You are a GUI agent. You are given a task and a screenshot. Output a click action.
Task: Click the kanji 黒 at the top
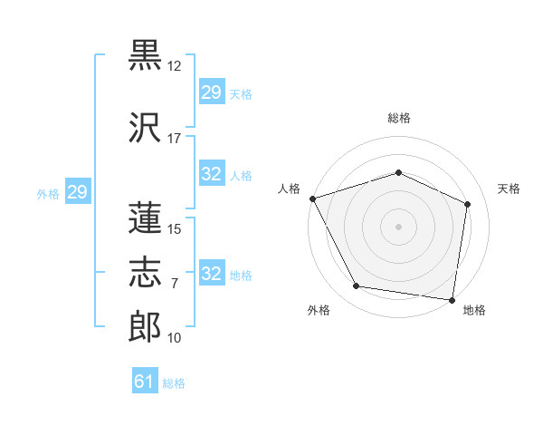pos(145,54)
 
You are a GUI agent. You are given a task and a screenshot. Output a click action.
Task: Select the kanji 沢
pos(145,127)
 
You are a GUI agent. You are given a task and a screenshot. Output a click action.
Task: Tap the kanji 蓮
pos(145,218)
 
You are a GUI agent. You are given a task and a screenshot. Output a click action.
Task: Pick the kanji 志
pos(145,272)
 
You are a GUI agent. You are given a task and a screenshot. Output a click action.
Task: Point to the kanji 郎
pos(145,326)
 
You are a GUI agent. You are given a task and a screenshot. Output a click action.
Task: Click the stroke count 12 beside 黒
pos(174,66)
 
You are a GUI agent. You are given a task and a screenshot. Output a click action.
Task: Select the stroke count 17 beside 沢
pos(174,139)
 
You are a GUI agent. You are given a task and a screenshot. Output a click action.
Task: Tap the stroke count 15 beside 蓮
pos(174,229)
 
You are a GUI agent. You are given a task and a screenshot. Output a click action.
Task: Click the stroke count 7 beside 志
pos(175,284)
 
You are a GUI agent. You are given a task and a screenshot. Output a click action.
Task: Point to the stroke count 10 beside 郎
pos(174,338)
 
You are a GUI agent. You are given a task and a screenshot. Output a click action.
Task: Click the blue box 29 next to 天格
pos(212,92)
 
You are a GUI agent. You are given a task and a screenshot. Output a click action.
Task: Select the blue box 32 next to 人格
pos(212,173)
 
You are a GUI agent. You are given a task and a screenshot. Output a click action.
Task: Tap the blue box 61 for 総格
pos(145,380)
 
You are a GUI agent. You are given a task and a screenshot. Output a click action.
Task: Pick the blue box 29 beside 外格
pos(78,191)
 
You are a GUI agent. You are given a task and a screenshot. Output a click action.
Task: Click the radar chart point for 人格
pos(313,198)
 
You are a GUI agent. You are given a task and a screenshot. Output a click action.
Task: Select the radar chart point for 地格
pos(452,300)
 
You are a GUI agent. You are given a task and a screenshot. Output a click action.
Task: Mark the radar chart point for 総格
pos(398,172)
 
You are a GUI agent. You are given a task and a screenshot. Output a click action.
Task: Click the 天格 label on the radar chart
pos(509,189)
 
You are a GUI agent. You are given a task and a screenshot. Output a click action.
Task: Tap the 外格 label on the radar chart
pos(319,310)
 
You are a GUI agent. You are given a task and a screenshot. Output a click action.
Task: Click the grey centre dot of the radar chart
pos(398,227)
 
